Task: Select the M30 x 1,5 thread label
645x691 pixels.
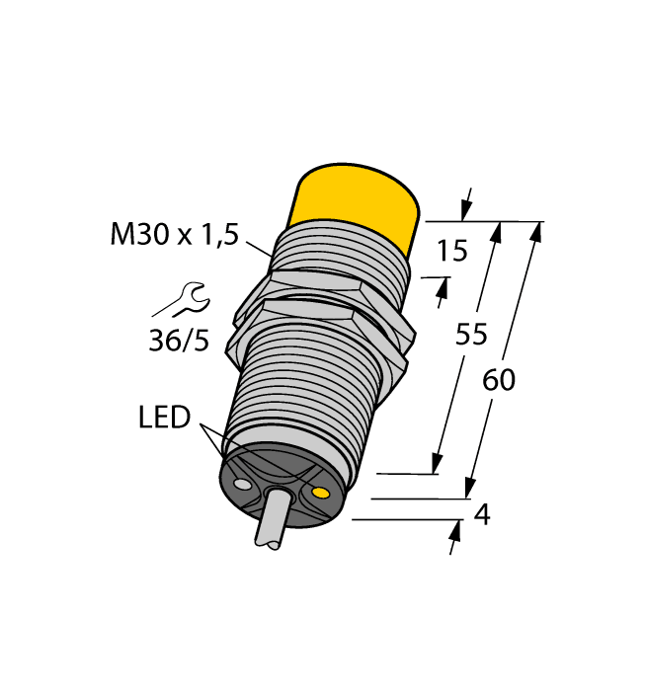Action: (174, 235)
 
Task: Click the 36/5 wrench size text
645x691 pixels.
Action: (179, 341)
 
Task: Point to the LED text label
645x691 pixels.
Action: (164, 418)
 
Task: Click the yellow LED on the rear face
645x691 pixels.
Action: (320, 491)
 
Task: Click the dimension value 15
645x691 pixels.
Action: (451, 252)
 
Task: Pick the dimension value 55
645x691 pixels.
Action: (471, 336)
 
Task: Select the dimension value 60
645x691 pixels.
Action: (499, 380)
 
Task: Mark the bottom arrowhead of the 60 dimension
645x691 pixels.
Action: (471, 490)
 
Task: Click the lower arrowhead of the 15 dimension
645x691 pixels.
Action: (443, 288)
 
